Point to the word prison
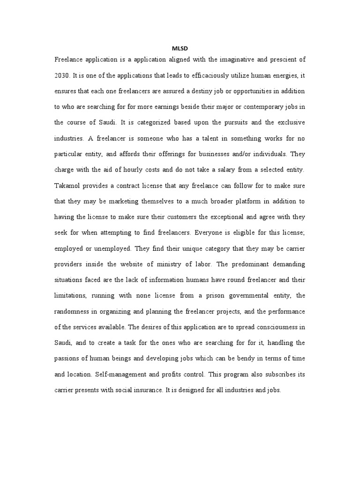(203, 296)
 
